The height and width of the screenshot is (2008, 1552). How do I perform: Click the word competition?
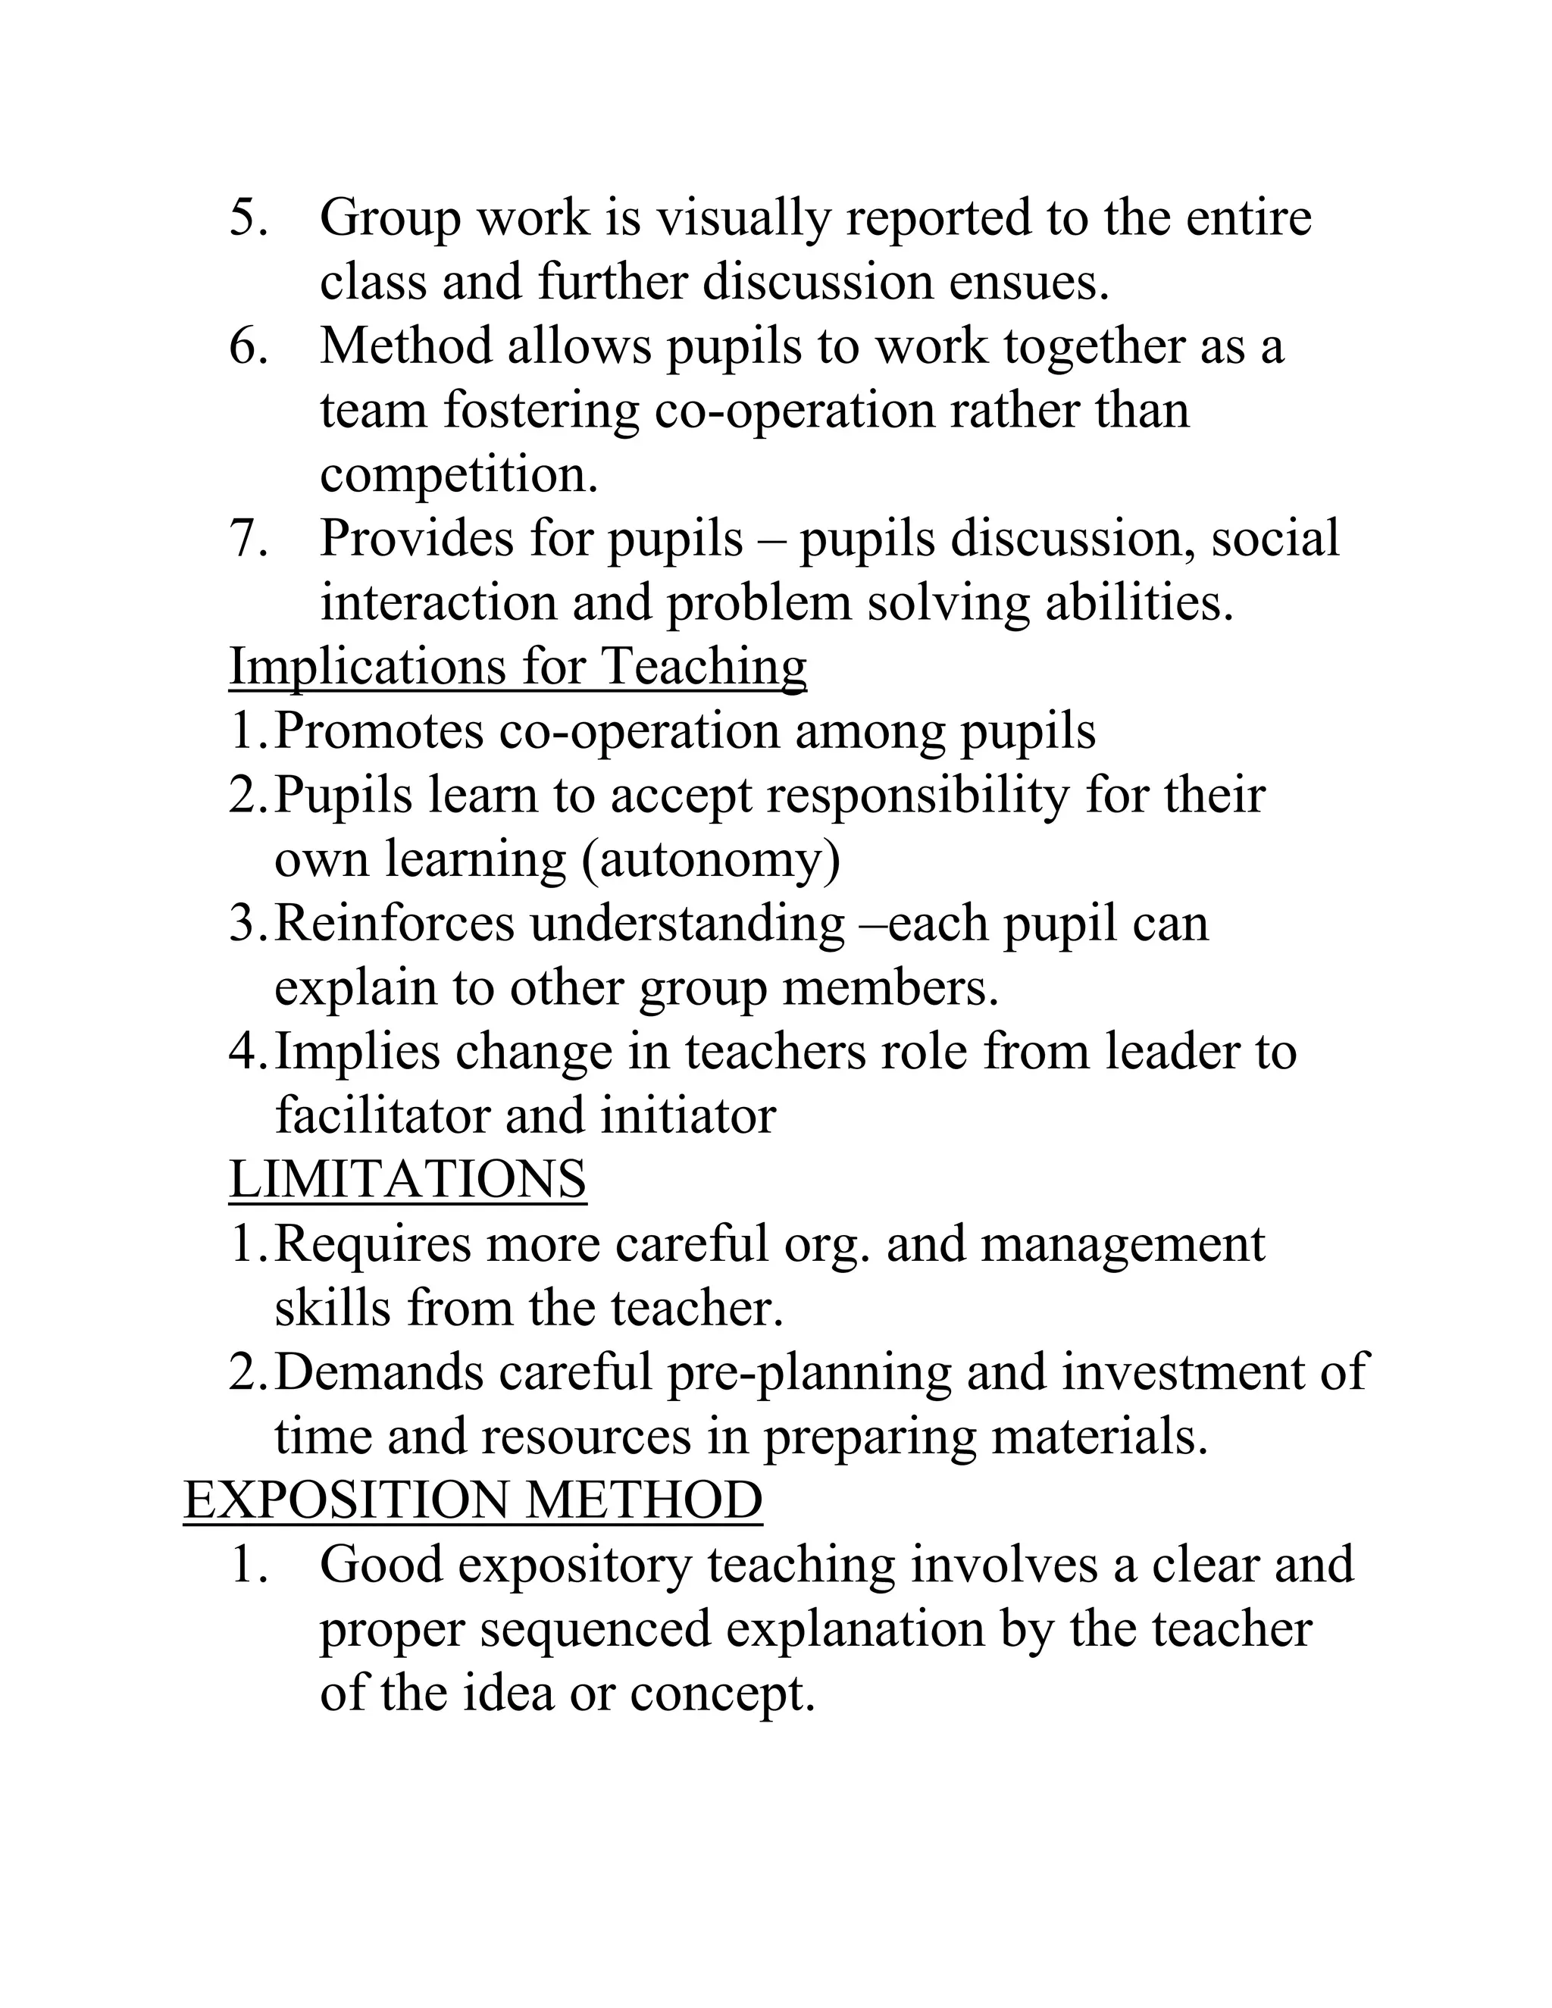(x=458, y=475)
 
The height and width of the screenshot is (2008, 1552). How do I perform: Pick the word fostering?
(x=540, y=410)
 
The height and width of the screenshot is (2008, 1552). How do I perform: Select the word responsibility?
(x=918, y=796)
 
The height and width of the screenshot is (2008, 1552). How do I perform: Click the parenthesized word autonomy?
(x=710, y=860)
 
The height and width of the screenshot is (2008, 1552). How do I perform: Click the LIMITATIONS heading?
(x=407, y=1179)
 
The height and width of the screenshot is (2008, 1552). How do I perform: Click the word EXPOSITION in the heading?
(x=346, y=1500)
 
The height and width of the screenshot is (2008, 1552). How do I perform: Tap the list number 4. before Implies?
(x=249, y=1052)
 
